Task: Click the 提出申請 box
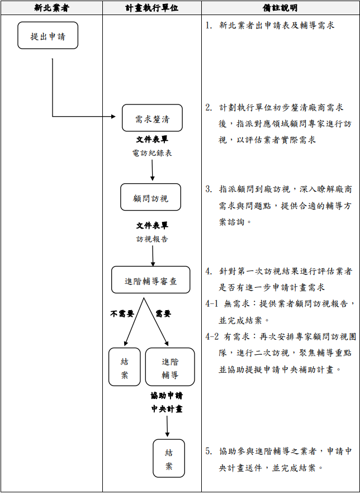tap(48, 36)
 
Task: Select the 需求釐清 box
tap(152, 118)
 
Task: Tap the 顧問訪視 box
tap(150, 197)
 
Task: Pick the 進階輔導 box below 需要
tap(170, 367)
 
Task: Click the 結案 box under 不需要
tap(125, 367)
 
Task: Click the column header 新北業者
tap(51, 8)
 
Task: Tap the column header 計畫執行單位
tap(151, 8)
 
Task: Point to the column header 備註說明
tap(280, 8)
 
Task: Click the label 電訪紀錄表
tap(152, 153)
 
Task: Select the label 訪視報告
tap(152, 239)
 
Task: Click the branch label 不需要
tap(122, 313)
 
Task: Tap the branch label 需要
tap(163, 313)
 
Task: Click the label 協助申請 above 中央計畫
tap(167, 396)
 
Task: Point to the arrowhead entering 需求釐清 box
tap(118, 117)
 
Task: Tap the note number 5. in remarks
tap(209, 450)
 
